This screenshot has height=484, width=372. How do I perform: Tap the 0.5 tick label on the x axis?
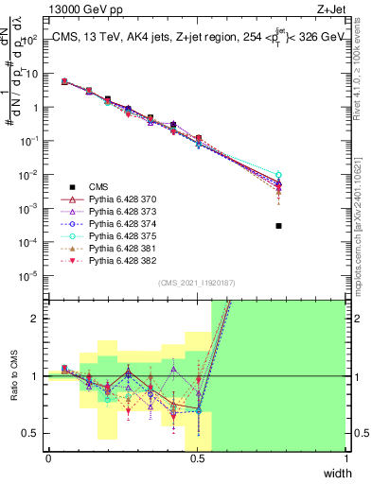(197, 459)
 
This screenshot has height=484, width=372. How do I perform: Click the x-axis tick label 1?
(346, 459)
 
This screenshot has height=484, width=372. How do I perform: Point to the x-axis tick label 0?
(48, 459)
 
